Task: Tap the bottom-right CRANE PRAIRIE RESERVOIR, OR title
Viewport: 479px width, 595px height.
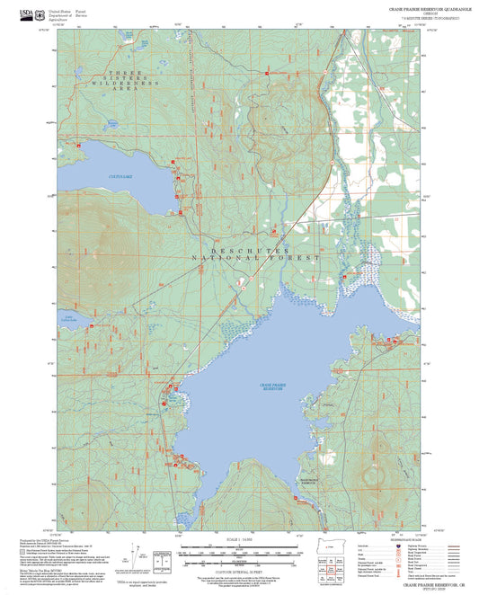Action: [x=419, y=585]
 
